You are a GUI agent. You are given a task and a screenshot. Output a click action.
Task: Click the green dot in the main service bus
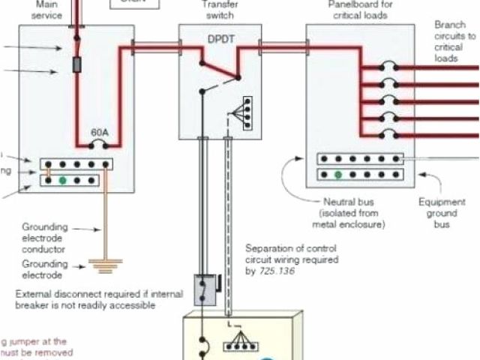click(63, 180)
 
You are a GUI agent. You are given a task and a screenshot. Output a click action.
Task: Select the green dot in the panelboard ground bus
click(339, 175)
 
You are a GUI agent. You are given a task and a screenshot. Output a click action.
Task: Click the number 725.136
click(278, 271)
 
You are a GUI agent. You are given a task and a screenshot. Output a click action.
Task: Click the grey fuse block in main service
click(76, 66)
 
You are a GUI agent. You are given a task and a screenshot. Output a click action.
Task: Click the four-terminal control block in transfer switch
click(243, 112)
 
